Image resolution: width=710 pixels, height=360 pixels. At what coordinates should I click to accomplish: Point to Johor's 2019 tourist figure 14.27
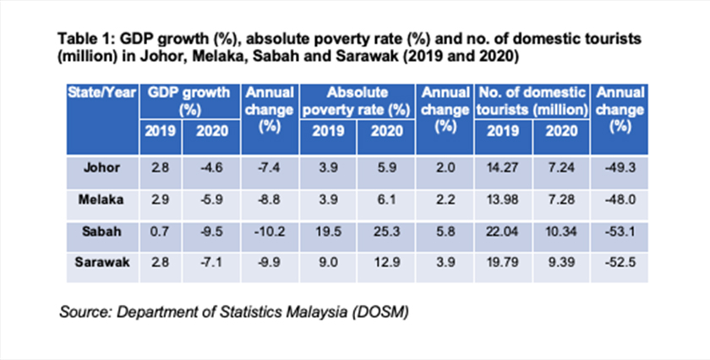click(x=502, y=167)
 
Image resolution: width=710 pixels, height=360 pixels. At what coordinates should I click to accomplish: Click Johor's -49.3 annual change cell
click(x=620, y=167)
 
